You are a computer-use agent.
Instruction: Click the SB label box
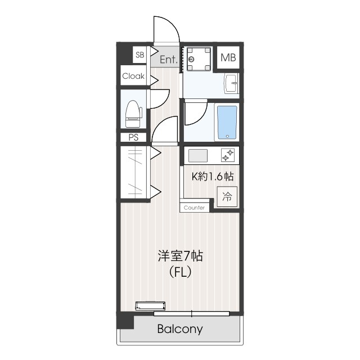[x=139, y=55]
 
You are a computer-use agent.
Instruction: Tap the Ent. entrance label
[x=169, y=59]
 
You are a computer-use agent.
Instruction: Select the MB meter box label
[x=228, y=57]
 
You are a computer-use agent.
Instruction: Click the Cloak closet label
[x=133, y=76]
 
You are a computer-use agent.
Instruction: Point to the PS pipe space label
[x=133, y=137]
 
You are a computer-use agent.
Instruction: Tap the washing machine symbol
[x=199, y=59]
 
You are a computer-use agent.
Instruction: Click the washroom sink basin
[x=231, y=85]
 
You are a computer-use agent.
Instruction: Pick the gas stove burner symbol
[x=228, y=155]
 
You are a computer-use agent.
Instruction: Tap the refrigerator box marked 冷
[x=227, y=197]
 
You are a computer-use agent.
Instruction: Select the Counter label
[x=194, y=208]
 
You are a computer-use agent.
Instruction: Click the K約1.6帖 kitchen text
[x=213, y=177]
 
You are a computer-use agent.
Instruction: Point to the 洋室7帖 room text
[x=179, y=256]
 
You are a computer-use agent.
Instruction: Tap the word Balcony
[x=180, y=329]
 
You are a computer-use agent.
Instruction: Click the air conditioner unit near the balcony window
[x=151, y=307]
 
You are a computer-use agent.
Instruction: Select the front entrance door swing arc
[x=166, y=31]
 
